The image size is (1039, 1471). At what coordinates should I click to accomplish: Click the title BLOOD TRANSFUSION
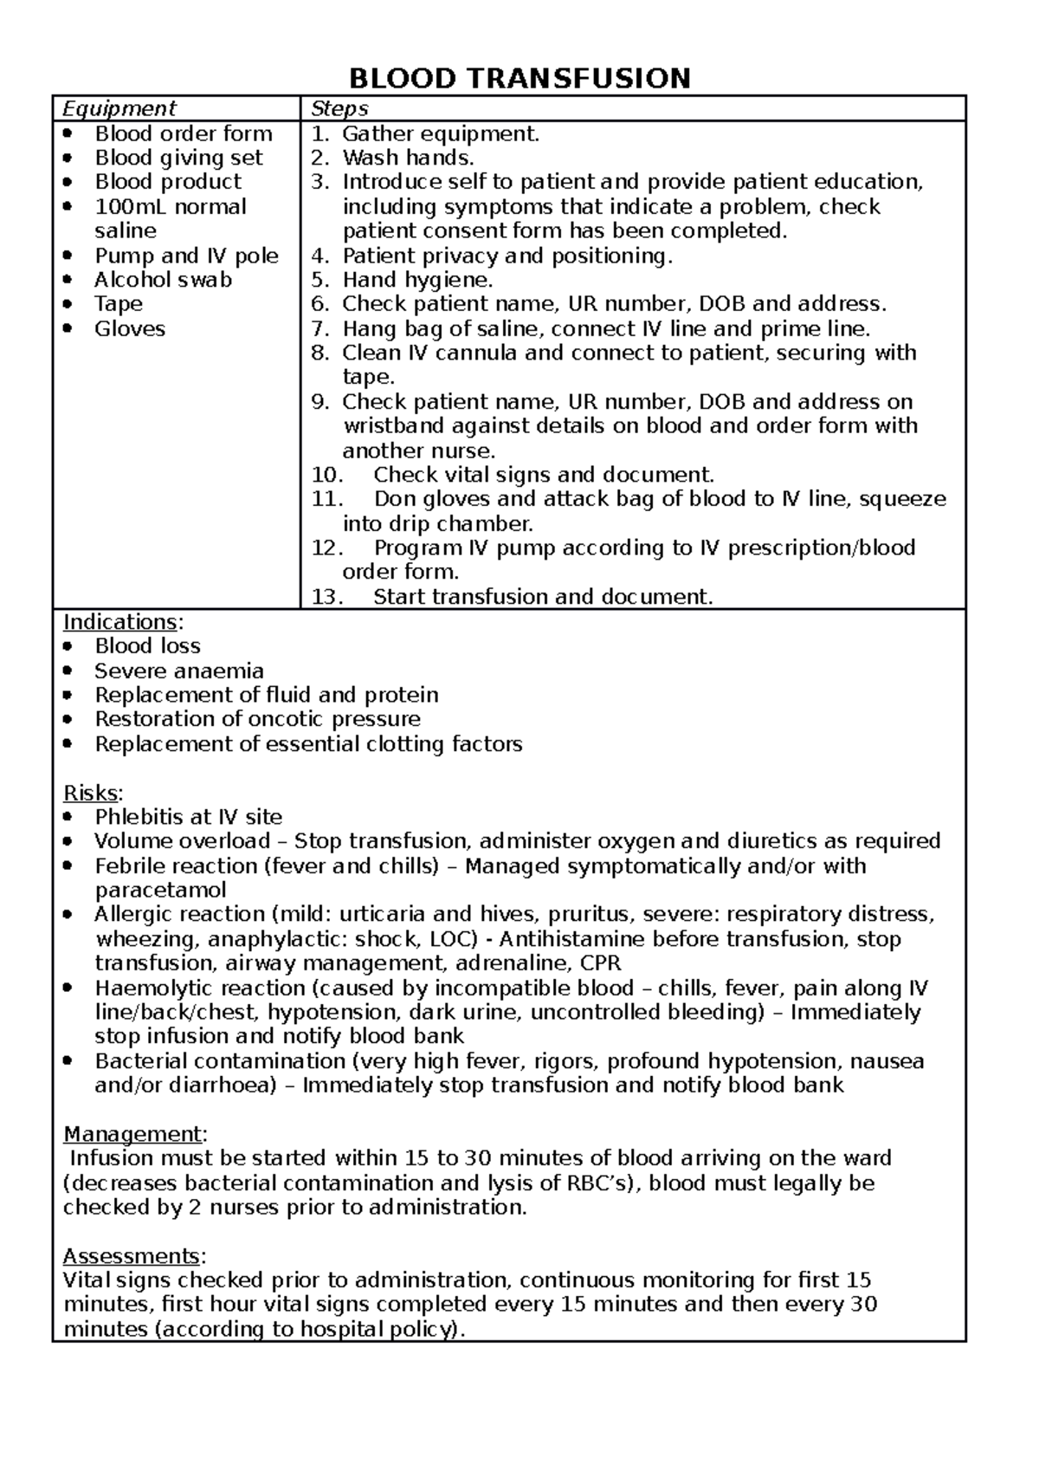tap(519, 79)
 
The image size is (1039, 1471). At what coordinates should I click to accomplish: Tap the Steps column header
tap(339, 108)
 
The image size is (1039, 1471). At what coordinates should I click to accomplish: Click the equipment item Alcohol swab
tap(163, 280)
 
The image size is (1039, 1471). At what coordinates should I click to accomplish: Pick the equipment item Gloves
tap(130, 329)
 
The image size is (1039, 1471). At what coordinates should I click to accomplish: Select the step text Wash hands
tap(408, 158)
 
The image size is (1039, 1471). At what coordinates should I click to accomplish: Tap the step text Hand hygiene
tap(416, 280)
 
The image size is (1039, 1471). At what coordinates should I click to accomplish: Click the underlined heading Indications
tap(120, 622)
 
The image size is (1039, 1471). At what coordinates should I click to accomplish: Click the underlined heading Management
tap(132, 1134)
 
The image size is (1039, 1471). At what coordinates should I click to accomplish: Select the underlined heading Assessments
tap(132, 1256)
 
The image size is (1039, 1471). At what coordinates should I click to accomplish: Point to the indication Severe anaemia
tap(179, 671)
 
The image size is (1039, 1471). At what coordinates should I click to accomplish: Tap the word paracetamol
tap(160, 890)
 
